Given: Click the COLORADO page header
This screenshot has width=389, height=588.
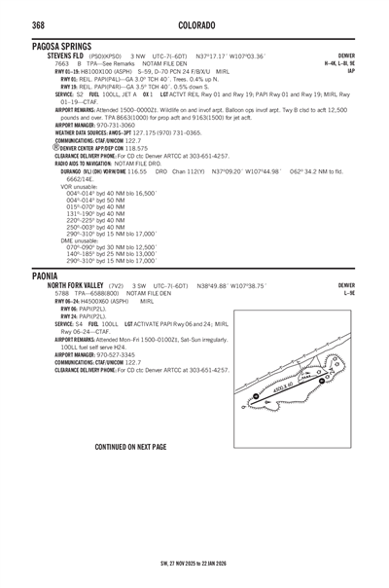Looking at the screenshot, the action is (x=194, y=20).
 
